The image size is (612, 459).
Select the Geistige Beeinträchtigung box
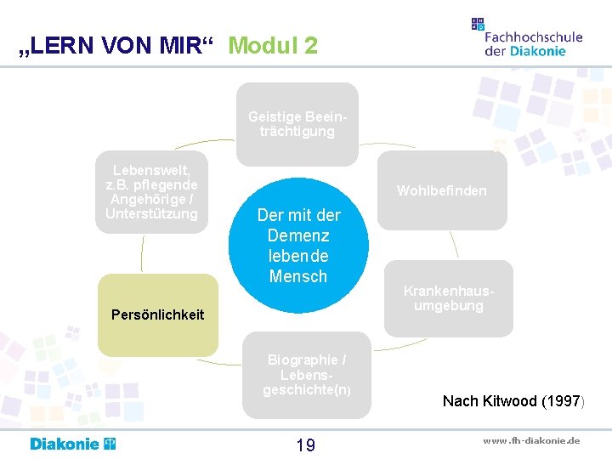click(297, 124)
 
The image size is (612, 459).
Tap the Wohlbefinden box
click(442, 190)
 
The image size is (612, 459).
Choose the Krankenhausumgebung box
click(449, 297)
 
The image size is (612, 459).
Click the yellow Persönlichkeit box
click(158, 314)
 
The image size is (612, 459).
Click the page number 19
click(305, 445)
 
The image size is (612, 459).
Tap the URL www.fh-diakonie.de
click(531, 440)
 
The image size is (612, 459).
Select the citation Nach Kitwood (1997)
click(513, 400)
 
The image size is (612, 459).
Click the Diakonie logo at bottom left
click(73, 444)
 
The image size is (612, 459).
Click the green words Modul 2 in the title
click(273, 46)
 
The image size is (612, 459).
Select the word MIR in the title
click(180, 46)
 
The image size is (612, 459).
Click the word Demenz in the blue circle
click(298, 235)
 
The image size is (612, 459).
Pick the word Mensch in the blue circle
click(298, 276)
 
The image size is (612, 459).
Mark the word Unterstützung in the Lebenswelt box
click(151, 212)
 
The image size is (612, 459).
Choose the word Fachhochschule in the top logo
click(533, 37)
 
